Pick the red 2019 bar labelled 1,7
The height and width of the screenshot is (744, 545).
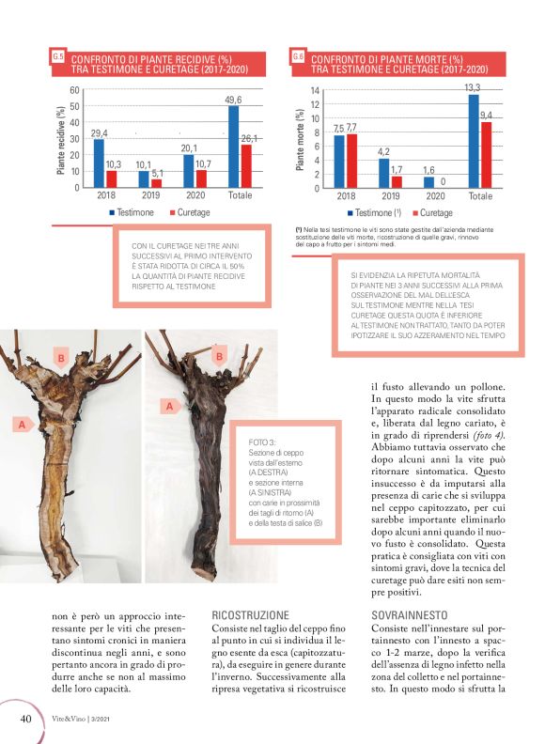tap(397, 182)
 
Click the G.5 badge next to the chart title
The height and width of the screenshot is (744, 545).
tap(58, 57)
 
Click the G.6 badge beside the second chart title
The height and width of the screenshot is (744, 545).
tap(298, 57)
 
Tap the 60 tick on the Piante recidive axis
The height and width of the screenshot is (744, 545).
tap(72, 90)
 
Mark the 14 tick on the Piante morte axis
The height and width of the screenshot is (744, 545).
tap(315, 90)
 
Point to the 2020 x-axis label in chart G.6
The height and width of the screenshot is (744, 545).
tap(435, 196)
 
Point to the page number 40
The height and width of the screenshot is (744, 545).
tap(25, 719)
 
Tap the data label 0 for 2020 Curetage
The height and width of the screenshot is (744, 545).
tap(442, 181)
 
